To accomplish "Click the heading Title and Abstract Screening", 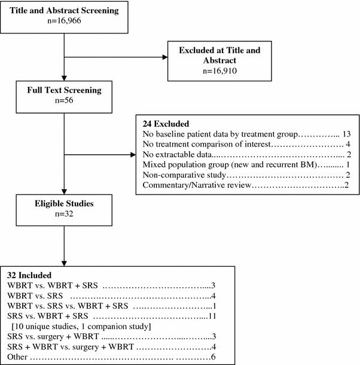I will click(63, 10).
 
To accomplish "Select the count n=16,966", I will click(63, 20).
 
